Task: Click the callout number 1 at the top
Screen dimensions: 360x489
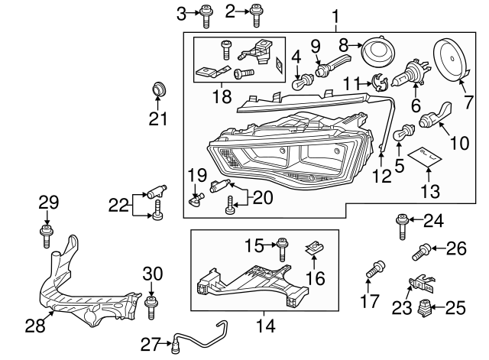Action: tap(335, 15)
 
